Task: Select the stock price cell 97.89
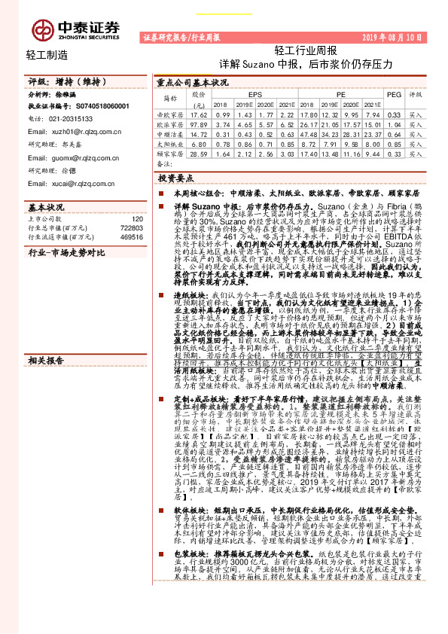tap(199, 123)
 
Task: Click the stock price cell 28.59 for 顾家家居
tap(199, 153)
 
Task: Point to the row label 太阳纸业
tap(169, 143)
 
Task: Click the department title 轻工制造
tap(47, 55)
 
